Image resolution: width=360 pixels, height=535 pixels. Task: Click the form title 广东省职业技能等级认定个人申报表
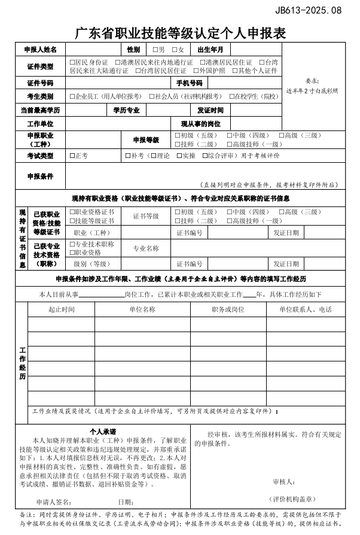click(179, 34)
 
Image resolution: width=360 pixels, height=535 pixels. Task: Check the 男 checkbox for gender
click(155, 50)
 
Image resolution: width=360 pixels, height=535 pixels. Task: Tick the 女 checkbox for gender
click(175, 50)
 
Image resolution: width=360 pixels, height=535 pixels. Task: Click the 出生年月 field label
click(210, 50)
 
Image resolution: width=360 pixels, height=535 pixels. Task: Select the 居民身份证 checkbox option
click(72, 62)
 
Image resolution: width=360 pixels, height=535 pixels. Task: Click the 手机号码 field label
click(189, 83)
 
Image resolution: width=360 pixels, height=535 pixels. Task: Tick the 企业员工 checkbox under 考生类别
click(72, 96)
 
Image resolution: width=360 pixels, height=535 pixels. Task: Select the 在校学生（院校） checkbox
click(231, 96)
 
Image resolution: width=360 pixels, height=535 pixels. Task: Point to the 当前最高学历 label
click(40, 110)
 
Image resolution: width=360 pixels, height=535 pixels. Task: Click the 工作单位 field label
click(40, 124)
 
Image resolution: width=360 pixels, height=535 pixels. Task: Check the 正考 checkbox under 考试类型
click(72, 156)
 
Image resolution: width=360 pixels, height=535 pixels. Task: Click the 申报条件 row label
click(40, 177)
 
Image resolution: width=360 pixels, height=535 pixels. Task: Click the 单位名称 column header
click(142, 309)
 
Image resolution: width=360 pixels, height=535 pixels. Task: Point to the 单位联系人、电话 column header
click(305, 309)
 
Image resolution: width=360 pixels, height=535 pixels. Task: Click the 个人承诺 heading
click(102, 431)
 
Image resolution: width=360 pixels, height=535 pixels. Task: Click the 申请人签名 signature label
click(54, 501)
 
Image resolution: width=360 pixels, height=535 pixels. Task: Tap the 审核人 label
click(283, 481)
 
